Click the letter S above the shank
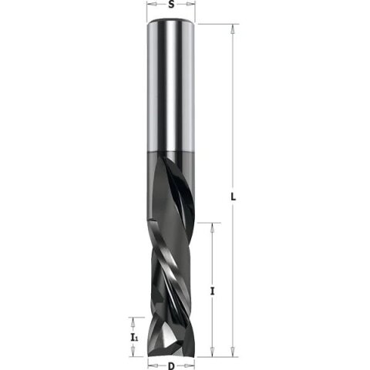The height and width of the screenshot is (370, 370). [170, 5]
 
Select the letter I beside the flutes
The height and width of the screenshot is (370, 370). [212, 291]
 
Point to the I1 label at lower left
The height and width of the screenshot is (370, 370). [133, 337]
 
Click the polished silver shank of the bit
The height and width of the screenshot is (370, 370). [170, 85]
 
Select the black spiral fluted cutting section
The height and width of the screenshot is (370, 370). [170, 254]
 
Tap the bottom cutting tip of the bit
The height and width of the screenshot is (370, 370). [170, 351]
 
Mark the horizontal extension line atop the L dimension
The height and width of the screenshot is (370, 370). [216, 25]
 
